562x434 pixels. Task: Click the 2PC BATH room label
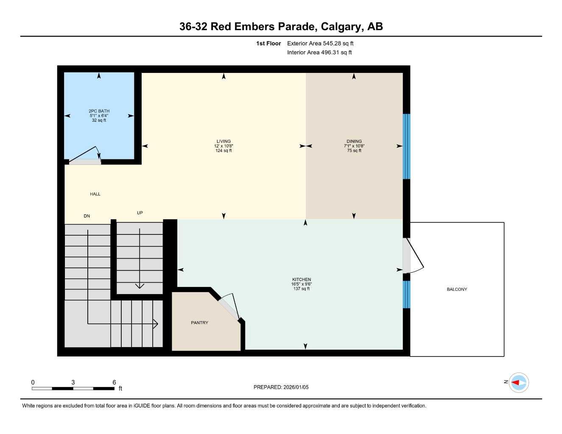[x=99, y=111]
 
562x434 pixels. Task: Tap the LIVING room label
[x=224, y=142]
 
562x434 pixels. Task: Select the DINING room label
[x=354, y=142]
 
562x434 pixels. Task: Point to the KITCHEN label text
[x=301, y=280]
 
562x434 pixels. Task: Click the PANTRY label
[x=199, y=323]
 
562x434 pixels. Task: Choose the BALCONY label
[x=457, y=289]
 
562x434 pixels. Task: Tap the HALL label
[x=95, y=194]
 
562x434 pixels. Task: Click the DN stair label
[x=87, y=216]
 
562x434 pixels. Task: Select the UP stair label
[x=140, y=213]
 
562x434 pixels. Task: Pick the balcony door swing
[x=414, y=256]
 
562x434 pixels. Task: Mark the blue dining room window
[x=406, y=146]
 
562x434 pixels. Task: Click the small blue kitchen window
[x=406, y=294]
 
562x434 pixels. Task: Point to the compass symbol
[x=518, y=383]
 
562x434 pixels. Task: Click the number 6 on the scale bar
[x=114, y=382]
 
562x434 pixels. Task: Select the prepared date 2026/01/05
[x=295, y=387]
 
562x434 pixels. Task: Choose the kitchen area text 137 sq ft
[x=301, y=289]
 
